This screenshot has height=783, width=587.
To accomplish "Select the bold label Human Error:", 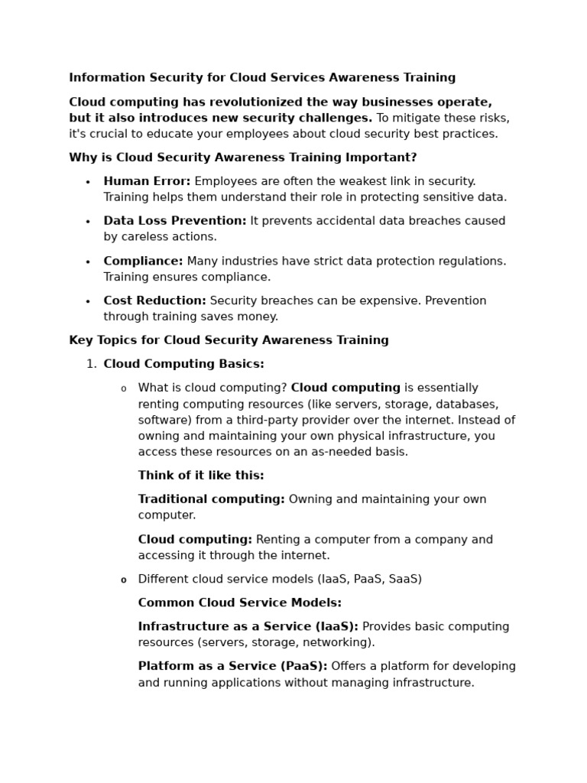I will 147,181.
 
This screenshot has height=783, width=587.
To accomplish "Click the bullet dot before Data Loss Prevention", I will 88,222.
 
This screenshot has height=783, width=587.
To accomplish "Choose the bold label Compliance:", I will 143,261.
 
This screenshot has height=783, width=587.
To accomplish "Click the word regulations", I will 472,261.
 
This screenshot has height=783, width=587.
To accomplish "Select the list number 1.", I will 91,364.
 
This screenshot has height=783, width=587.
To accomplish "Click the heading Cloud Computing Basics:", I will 183,364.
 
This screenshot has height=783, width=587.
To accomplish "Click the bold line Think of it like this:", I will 201,476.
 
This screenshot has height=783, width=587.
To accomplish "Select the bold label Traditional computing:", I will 211,499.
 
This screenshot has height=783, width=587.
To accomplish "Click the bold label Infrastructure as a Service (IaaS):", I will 248,626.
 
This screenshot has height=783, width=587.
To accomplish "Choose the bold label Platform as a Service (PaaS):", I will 232,666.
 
